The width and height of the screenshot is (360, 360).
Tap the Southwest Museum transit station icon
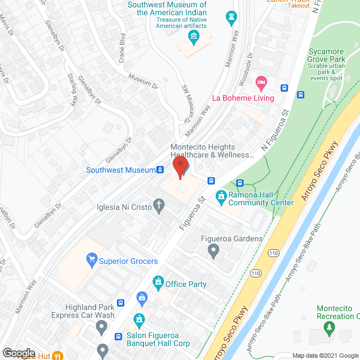point(160,170)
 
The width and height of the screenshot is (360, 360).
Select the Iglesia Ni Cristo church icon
point(160,207)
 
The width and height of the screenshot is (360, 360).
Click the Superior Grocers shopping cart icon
point(90,260)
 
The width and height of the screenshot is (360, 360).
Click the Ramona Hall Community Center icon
point(221,196)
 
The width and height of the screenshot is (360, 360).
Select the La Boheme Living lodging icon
point(260,83)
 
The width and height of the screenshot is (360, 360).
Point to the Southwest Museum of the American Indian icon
point(194,38)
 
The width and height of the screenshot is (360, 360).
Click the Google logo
point(18,353)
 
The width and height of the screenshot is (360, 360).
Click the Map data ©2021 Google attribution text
point(324,355)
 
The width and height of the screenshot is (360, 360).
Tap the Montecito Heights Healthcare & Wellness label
point(209,151)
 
